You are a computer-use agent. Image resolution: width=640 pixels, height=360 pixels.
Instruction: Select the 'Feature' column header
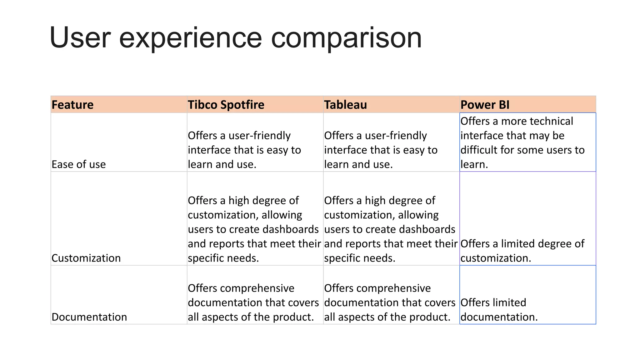point(72,105)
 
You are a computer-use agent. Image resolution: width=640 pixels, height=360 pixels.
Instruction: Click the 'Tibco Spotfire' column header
point(226,105)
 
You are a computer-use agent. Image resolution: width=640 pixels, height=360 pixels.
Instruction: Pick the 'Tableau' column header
point(345,105)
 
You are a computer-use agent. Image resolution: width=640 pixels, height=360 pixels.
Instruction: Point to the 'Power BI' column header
point(485,105)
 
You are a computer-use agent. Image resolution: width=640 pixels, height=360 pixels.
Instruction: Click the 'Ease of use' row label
point(79,164)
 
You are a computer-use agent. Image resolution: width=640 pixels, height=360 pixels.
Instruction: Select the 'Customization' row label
point(86,258)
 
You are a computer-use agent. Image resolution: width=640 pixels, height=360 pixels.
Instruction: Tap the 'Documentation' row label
point(89,317)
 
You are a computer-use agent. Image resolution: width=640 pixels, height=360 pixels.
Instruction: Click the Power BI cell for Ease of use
point(527,142)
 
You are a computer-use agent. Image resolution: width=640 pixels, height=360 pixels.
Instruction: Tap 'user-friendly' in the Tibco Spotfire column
point(259,136)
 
